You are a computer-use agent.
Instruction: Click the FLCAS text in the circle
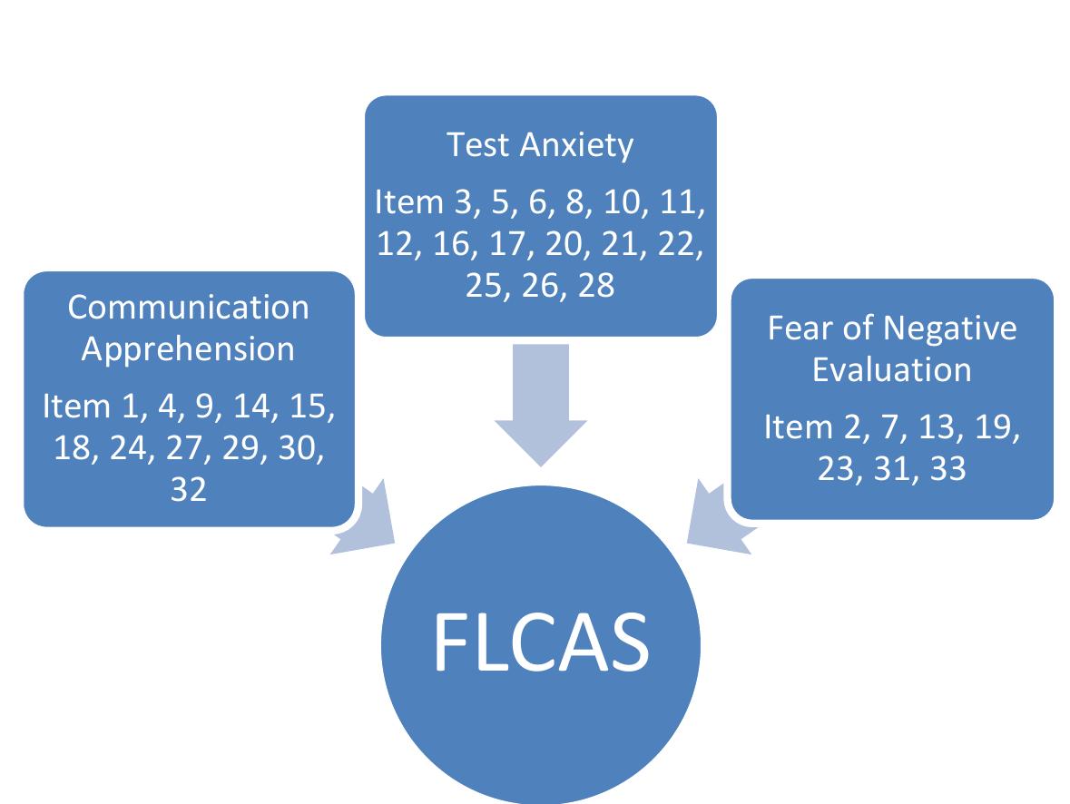click(x=541, y=643)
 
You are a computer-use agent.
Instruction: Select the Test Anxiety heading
click(x=540, y=145)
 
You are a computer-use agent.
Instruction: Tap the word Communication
click(x=188, y=308)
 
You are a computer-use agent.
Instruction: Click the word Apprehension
click(x=188, y=349)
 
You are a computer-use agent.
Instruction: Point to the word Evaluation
click(x=891, y=370)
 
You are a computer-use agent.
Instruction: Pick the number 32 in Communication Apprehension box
click(x=188, y=489)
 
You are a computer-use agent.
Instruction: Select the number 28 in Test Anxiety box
click(x=594, y=286)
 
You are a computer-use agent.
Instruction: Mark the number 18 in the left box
click(x=74, y=447)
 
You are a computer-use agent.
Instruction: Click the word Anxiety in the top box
click(x=575, y=145)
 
